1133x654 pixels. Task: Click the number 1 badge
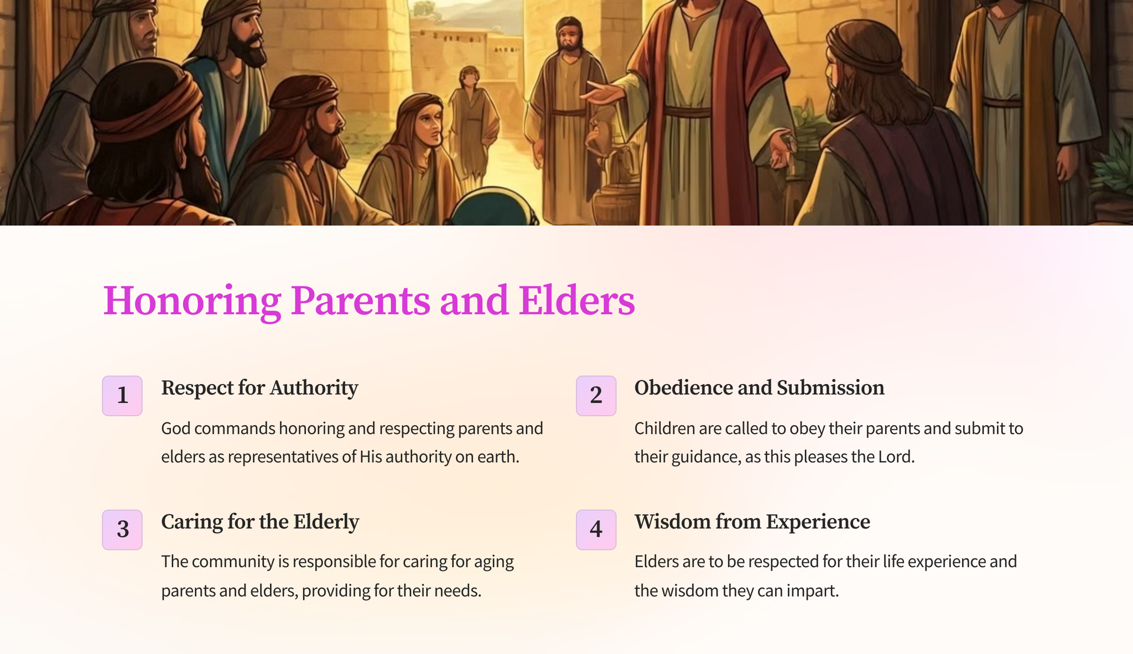(x=122, y=396)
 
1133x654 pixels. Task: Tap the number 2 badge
(x=596, y=396)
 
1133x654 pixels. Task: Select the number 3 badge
(x=122, y=530)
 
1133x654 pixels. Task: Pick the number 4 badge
(x=596, y=530)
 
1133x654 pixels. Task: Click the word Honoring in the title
(x=192, y=301)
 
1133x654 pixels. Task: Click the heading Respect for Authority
(x=259, y=388)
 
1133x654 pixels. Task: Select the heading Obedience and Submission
(x=759, y=388)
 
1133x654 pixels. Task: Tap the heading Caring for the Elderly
(x=260, y=522)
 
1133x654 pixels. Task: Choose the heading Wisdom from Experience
(x=752, y=522)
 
